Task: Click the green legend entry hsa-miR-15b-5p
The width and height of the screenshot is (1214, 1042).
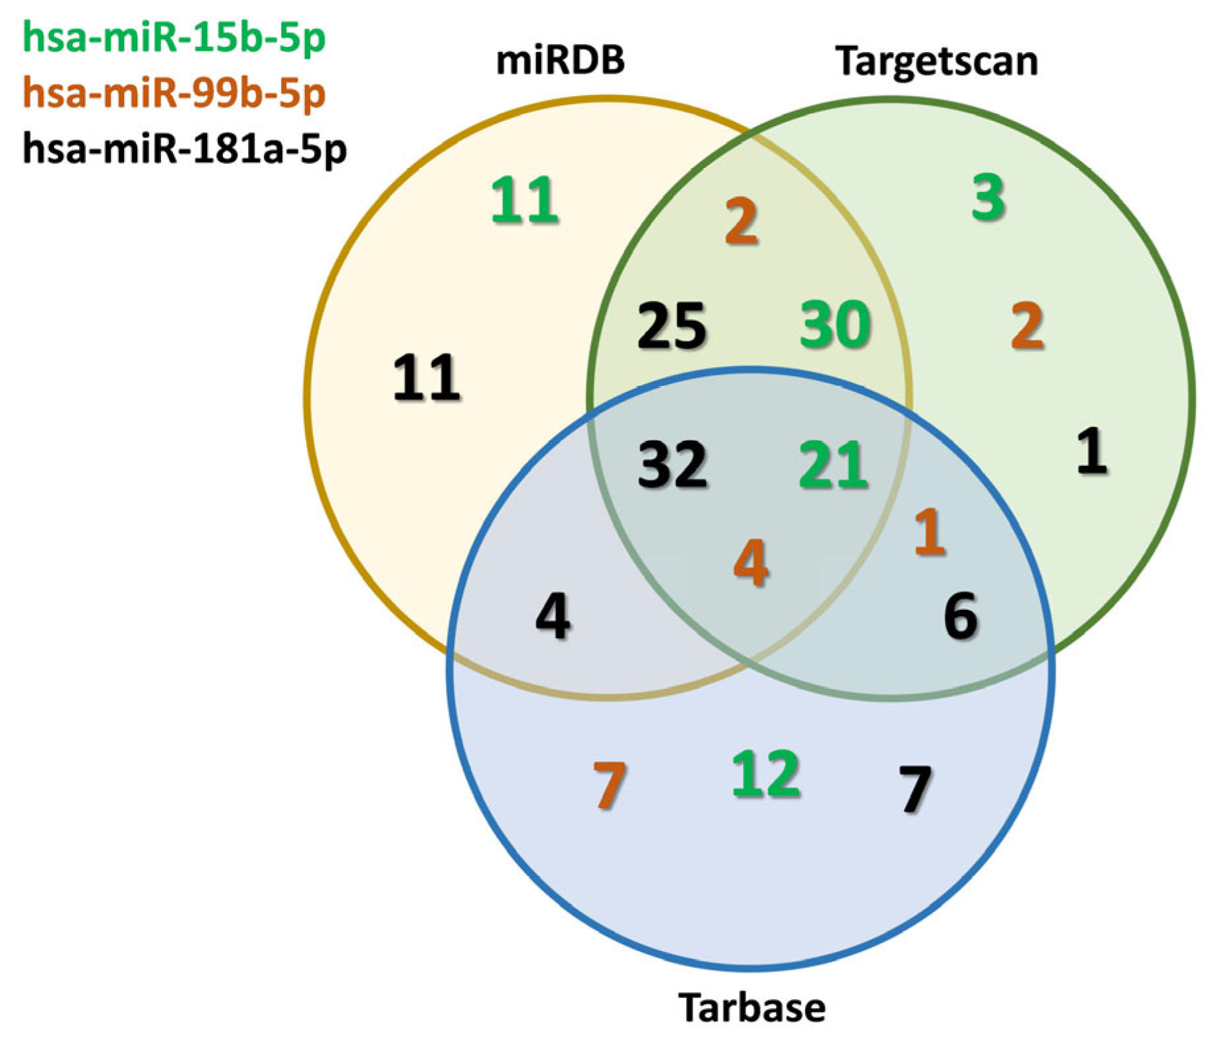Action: (174, 38)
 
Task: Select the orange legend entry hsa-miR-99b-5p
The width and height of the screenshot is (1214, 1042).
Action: (174, 94)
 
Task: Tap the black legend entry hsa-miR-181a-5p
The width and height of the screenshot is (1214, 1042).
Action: (185, 149)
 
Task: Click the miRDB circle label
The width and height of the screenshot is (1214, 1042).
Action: (560, 60)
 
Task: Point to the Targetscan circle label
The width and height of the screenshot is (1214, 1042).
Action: (936, 61)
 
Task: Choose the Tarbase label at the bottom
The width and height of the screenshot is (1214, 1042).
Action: (751, 1008)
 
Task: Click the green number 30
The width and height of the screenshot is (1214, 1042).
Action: (835, 325)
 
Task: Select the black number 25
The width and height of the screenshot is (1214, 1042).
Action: (672, 325)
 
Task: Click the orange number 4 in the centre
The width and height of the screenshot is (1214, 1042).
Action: (751, 563)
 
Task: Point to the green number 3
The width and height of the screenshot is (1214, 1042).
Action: (988, 197)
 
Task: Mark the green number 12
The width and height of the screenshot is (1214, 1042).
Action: (766, 773)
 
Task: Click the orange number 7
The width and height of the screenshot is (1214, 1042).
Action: (609, 785)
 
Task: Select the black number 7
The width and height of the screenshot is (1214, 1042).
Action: (915, 789)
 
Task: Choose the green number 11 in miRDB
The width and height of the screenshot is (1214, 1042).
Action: (525, 200)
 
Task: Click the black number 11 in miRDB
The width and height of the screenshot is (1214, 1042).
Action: (426, 378)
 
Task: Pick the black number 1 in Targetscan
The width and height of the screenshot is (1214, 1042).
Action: (1092, 451)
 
